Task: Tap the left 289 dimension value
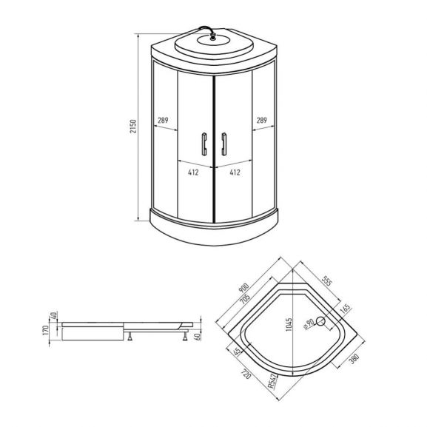point(164,120)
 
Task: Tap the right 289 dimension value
point(262,120)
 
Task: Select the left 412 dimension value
point(193,173)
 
